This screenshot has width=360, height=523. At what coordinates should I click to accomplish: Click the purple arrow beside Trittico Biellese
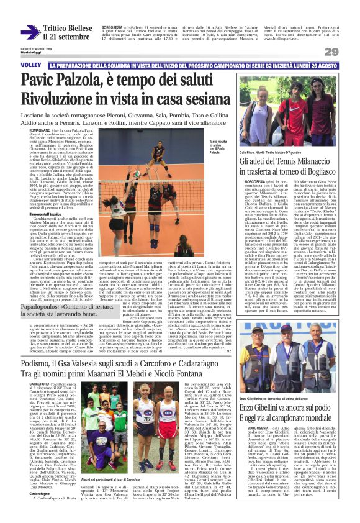(30, 32)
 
